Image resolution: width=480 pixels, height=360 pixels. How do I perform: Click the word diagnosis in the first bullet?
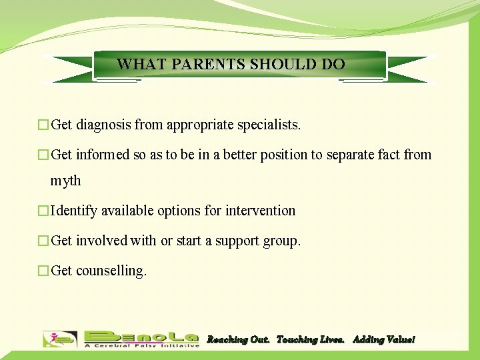(x=103, y=125)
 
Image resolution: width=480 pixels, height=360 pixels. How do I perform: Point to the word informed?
(x=104, y=155)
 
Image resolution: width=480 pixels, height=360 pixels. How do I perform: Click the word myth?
(x=65, y=181)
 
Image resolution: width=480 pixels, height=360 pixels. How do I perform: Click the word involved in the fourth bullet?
(x=101, y=241)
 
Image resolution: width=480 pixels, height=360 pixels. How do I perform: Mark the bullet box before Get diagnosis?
(x=43, y=125)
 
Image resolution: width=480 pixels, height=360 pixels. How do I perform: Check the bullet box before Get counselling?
(x=43, y=271)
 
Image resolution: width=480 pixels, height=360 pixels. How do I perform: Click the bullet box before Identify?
(x=43, y=211)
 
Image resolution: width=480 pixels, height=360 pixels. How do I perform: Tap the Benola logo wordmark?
(x=141, y=335)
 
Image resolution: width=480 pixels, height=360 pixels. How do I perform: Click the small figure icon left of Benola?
(x=60, y=339)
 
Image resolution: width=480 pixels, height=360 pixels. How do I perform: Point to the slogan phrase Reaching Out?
(x=238, y=340)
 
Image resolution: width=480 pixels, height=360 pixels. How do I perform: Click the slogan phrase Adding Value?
(x=383, y=340)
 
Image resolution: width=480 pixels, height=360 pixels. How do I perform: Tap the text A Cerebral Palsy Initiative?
(x=141, y=345)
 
